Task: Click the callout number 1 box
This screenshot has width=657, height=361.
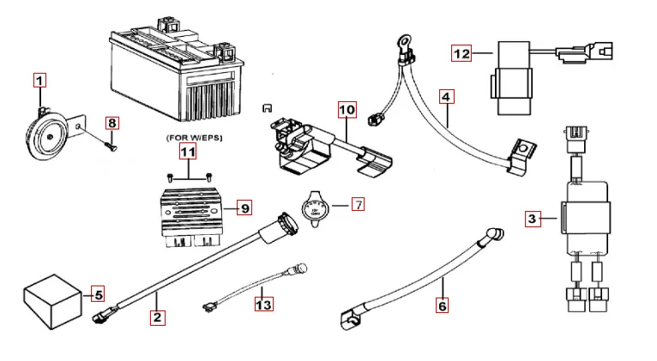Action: (x=39, y=81)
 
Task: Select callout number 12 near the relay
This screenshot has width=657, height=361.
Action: (x=462, y=54)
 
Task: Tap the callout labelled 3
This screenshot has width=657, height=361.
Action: (x=533, y=219)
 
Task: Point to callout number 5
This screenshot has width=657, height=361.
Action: (x=98, y=295)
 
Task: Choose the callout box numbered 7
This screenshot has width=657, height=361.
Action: (x=357, y=204)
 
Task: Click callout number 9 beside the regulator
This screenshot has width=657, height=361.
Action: (x=244, y=207)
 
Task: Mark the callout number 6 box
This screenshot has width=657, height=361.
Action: (x=442, y=303)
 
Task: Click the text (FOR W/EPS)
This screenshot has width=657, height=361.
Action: (x=188, y=136)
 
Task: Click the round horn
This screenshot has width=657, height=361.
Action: (x=47, y=131)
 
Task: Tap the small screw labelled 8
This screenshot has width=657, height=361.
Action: (x=109, y=144)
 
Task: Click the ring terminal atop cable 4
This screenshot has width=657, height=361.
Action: (x=401, y=40)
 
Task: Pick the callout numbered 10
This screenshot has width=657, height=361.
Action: (x=346, y=110)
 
